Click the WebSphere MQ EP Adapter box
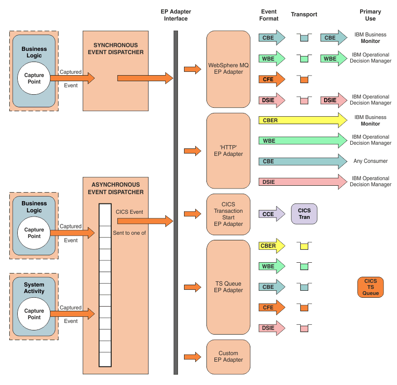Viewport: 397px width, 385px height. click(x=228, y=69)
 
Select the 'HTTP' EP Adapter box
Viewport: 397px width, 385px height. click(x=228, y=151)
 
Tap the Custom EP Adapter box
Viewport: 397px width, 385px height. click(x=228, y=357)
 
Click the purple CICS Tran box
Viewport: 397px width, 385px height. click(x=304, y=214)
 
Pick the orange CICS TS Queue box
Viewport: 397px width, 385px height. click(x=370, y=287)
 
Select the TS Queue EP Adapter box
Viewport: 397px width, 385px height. click(x=228, y=287)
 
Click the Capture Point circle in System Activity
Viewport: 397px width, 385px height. click(x=34, y=314)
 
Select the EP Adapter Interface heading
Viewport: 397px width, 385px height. click(x=176, y=15)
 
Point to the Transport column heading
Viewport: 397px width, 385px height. click(x=304, y=14)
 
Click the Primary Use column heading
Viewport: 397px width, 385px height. click(x=370, y=15)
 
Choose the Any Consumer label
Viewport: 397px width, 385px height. click(x=370, y=161)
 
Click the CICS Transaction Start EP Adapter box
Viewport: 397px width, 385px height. click(x=228, y=214)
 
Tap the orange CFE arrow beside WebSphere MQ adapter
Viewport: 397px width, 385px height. click(x=271, y=79)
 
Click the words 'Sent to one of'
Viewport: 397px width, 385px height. click(x=129, y=232)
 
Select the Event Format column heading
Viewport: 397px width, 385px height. click(x=269, y=15)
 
